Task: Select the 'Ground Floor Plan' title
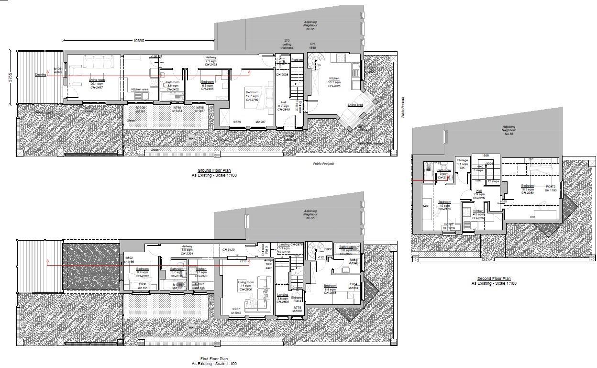click(214, 170)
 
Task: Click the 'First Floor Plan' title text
click(214, 359)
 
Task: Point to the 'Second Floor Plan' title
click(494, 279)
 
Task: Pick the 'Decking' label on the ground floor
click(40, 75)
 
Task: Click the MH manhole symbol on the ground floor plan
click(191, 139)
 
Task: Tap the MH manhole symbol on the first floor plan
click(191, 328)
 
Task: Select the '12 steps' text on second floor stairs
click(493, 182)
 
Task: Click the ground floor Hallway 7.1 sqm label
click(211, 60)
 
